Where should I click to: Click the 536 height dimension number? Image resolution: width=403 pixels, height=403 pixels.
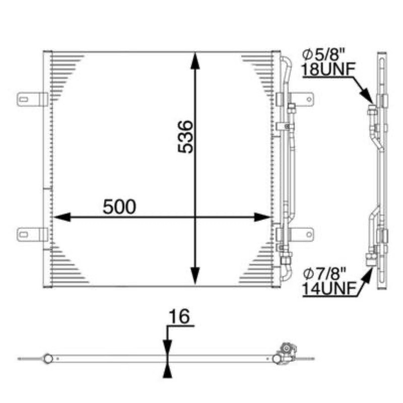tap(185, 137)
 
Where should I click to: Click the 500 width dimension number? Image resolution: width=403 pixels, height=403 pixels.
tap(119, 207)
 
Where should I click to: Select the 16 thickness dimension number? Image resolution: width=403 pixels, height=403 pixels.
tap(179, 316)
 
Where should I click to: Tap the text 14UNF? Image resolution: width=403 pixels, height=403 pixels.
tap(329, 289)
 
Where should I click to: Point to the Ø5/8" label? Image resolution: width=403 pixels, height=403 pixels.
tap(323, 54)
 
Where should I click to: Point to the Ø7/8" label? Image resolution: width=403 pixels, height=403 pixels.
tap(324, 274)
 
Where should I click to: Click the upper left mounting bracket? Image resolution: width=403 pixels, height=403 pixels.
tap(32, 99)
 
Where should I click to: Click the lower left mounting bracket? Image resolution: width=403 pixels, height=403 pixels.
tap(32, 234)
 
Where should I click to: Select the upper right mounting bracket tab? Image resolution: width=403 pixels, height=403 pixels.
tap(301, 99)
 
